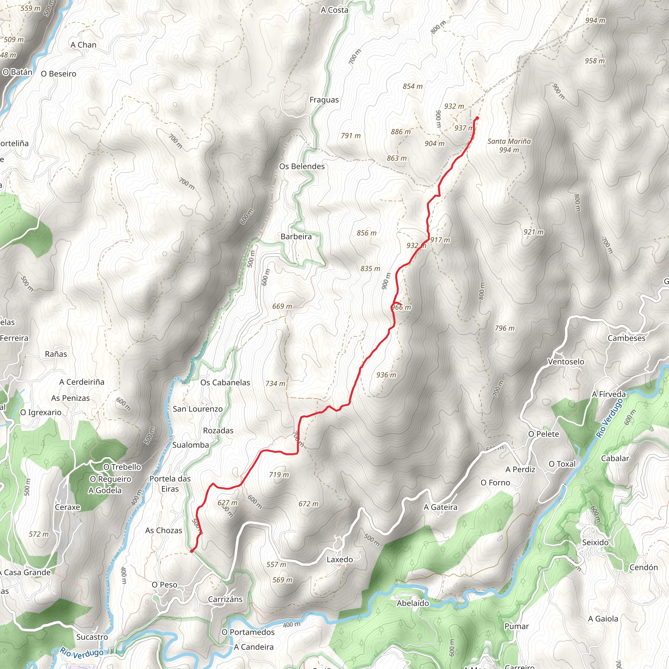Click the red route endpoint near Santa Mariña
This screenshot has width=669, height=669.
point(477,119)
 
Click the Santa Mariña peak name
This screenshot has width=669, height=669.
point(509,141)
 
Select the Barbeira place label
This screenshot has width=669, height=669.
point(296,237)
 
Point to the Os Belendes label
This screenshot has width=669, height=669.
point(302,166)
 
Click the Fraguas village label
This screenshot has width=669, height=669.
point(324,100)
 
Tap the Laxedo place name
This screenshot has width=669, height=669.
point(340,559)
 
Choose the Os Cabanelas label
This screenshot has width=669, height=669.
point(225,382)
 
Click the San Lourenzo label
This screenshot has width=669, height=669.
point(198,409)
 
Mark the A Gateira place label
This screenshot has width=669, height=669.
point(440,507)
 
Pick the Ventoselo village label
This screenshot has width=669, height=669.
point(566,362)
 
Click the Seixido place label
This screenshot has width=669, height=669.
point(595,542)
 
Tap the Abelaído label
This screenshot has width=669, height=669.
point(413,603)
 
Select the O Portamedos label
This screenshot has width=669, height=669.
point(248,632)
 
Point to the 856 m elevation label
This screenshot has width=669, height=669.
point(367,233)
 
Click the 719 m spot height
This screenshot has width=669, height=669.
point(279,474)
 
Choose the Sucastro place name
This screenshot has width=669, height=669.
point(92,637)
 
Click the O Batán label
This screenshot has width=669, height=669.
point(17,72)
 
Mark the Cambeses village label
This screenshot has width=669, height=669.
point(627,338)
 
